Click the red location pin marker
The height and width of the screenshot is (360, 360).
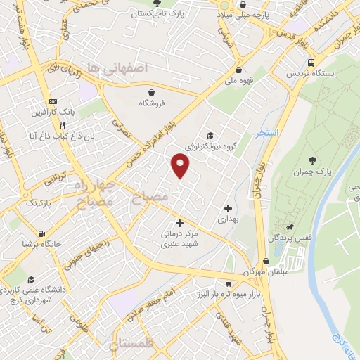pyautogui.click(x=181, y=165)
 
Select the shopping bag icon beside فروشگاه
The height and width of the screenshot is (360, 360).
pyautogui.click(x=151, y=91)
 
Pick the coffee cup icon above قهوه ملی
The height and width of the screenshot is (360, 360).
pyautogui.click(x=241, y=70)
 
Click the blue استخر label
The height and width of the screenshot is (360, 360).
pyautogui.click(x=269, y=132)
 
